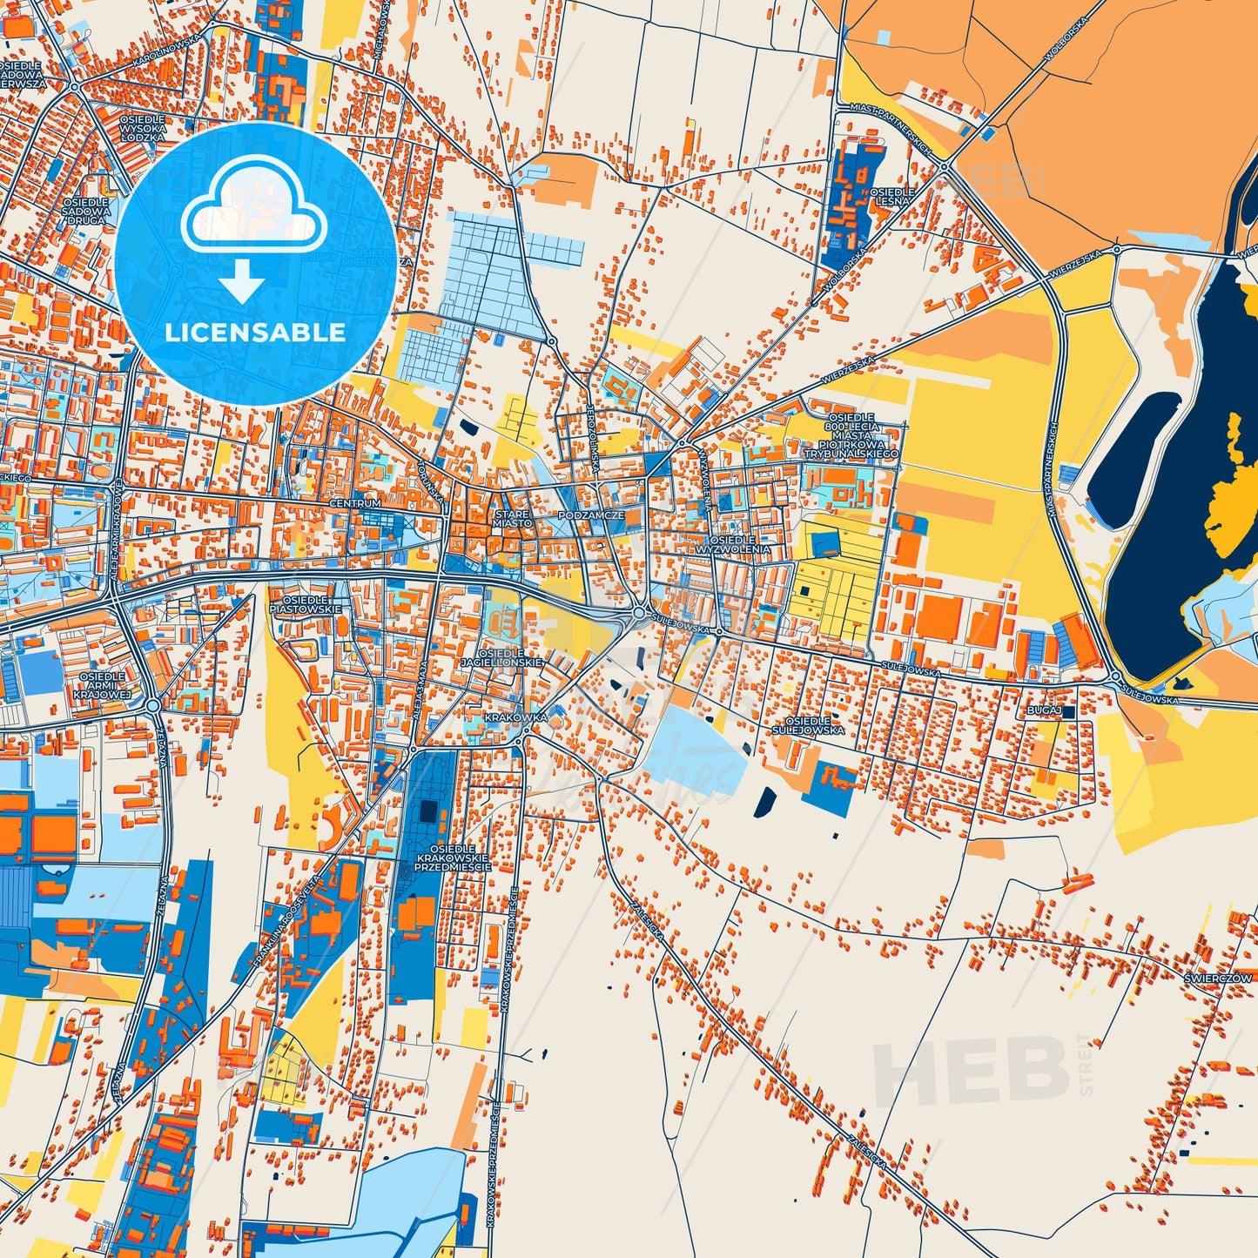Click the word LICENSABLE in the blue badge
click(255, 333)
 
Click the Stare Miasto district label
click(511, 519)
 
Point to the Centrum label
click(355, 504)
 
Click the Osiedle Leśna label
click(891, 196)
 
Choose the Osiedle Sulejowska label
click(814, 725)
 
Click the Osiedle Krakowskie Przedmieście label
click(452, 858)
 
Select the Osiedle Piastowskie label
click(299, 604)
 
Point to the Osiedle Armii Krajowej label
click(102, 685)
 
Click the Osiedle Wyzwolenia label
click(733, 545)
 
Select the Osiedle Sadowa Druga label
click(86, 211)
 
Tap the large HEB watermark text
click(971, 1070)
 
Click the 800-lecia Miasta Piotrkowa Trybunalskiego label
click(851, 436)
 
